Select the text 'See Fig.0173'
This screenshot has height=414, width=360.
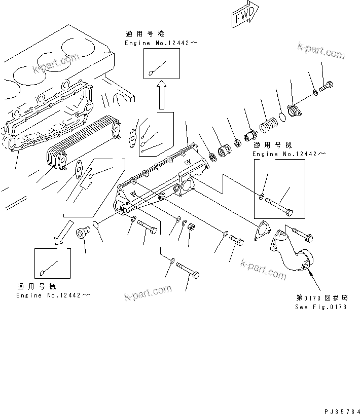pos(321,307)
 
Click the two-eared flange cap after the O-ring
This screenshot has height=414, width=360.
pos(294,110)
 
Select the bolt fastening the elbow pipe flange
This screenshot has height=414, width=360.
pos(302,234)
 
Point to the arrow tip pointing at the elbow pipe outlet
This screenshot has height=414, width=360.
pos(310,272)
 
